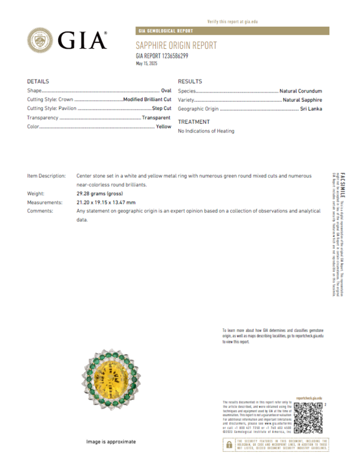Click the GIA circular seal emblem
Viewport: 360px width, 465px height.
pyautogui.click(x=41, y=40)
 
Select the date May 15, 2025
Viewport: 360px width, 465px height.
pyautogui.click(x=147, y=63)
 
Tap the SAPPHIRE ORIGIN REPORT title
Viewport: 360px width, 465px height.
pyautogui.click(x=176, y=45)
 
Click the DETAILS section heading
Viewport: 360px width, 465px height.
pyautogui.click(x=38, y=81)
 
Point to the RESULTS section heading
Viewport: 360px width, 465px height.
pyautogui.click(x=190, y=81)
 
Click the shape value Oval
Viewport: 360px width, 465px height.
pyautogui.click(x=165, y=91)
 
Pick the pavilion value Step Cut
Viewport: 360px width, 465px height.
pyautogui.click(x=161, y=109)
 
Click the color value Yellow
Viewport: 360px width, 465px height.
pyautogui.click(x=163, y=126)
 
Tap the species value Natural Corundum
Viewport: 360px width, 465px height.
pyautogui.click(x=301, y=91)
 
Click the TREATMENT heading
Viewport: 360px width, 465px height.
pyautogui.click(x=194, y=122)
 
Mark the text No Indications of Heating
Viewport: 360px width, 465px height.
pyautogui.click(x=206, y=131)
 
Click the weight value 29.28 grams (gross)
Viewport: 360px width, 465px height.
pyautogui.click(x=99, y=193)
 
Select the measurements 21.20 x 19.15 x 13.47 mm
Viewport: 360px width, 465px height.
pyautogui.click(x=106, y=202)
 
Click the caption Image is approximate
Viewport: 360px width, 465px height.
pyautogui.click(x=111, y=442)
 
